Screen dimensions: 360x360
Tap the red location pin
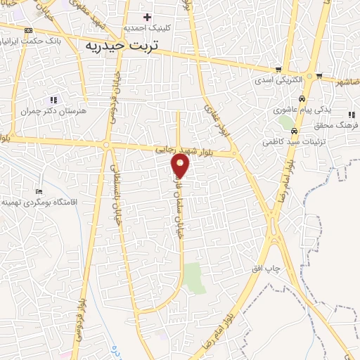coord(181,166)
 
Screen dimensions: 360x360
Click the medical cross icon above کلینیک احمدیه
coord(147,17)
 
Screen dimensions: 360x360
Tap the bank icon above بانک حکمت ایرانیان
coord(28,30)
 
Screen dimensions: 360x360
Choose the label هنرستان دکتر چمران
coord(53,111)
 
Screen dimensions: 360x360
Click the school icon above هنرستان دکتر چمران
coord(53,101)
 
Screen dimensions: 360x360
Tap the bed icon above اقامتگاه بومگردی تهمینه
coord(39,191)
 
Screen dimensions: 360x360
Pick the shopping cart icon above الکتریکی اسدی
coord(279,70)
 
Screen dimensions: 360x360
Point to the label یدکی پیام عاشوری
coord(299,110)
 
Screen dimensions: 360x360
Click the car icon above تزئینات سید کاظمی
coord(294,131)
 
